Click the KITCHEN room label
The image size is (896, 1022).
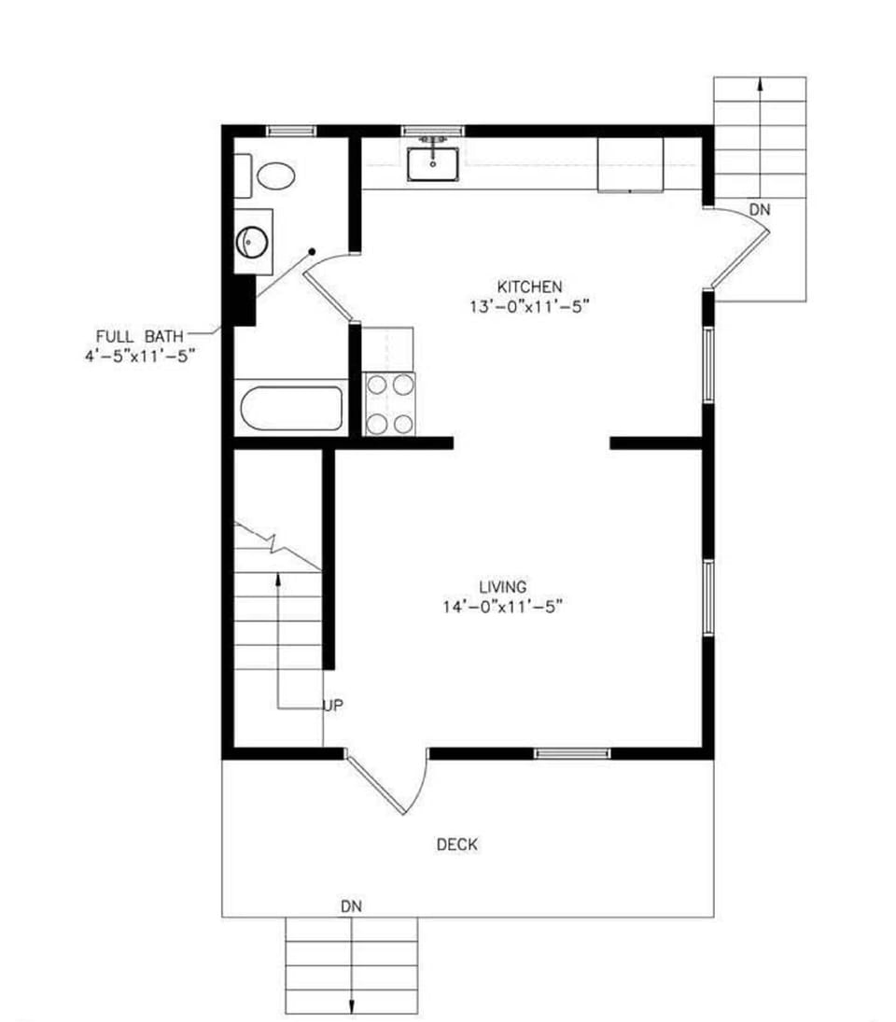(529, 286)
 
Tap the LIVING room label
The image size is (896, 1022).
(503, 587)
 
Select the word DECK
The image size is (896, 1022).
(457, 845)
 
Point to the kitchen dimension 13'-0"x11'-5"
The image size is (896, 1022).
(531, 305)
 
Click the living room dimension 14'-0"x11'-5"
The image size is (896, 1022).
(503, 607)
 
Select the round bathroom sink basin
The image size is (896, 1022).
(252, 242)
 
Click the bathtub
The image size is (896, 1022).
(291, 408)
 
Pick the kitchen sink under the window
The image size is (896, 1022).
(432, 161)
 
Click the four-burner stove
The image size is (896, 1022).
(389, 403)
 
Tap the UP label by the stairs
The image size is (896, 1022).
(333, 706)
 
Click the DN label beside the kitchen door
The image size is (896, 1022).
(760, 211)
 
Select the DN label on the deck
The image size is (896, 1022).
(351, 905)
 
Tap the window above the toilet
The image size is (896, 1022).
(291, 131)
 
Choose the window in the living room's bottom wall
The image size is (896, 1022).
(572, 752)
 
